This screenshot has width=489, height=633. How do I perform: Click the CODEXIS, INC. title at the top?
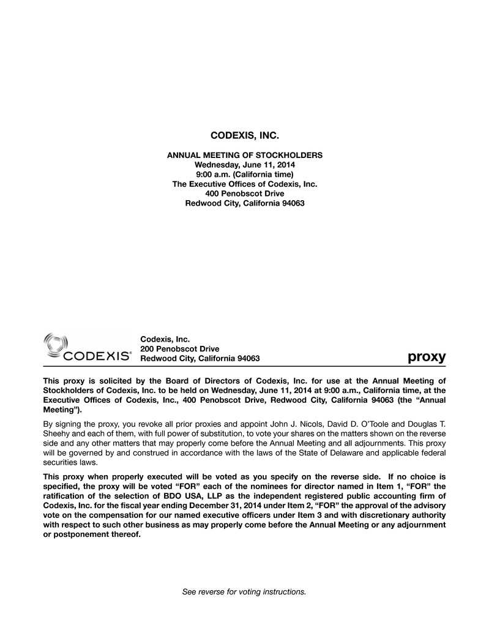point(244,134)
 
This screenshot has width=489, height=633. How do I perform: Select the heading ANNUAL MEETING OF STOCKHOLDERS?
point(244,155)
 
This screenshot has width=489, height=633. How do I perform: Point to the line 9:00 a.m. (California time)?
point(244,174)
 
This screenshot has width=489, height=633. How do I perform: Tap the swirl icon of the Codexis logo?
point(56,343)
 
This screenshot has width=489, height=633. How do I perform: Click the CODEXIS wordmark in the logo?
point(97,356)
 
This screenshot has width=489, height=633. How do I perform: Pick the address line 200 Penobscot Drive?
point(180,348)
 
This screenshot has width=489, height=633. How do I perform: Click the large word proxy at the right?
point(427,356)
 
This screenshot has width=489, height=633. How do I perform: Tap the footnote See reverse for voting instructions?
point(244,592)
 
